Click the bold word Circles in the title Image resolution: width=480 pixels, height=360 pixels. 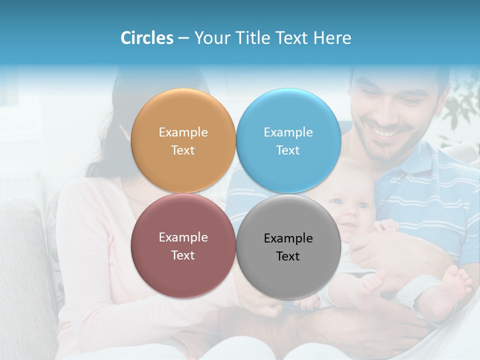147,38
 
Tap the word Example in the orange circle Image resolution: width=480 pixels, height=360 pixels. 183,132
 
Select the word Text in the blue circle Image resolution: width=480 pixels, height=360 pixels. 288,150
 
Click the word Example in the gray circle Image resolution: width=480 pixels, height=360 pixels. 288,238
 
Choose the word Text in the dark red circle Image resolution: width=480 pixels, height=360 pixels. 183,255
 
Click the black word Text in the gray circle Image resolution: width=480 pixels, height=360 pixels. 288,256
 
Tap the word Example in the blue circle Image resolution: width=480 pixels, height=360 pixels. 288,132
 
